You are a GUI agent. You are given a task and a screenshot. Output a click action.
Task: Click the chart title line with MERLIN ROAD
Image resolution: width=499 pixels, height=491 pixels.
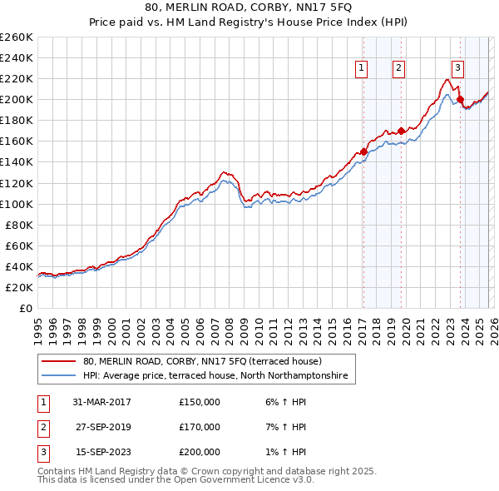point(249,7)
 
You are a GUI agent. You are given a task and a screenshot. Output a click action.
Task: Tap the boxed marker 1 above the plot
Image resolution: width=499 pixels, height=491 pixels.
point(363,69)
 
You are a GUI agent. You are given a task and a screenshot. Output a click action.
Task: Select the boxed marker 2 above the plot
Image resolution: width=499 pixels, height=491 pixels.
point(399,69)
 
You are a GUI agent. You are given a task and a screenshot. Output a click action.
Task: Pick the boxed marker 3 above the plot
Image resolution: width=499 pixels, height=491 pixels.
point(458,69)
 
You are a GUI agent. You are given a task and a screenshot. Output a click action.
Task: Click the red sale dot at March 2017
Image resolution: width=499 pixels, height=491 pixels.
point(363,151)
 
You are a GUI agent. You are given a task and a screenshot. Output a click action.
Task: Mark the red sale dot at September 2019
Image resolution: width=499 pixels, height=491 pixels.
point(401,131)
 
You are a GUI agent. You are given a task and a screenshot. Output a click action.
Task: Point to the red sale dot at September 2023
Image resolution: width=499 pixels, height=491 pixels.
point(460,99)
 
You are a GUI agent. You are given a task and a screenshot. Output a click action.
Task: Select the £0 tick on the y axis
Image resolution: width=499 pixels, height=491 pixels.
point(26,308)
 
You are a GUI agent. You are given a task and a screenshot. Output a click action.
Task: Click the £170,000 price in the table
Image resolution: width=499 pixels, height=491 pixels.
point(200,427)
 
